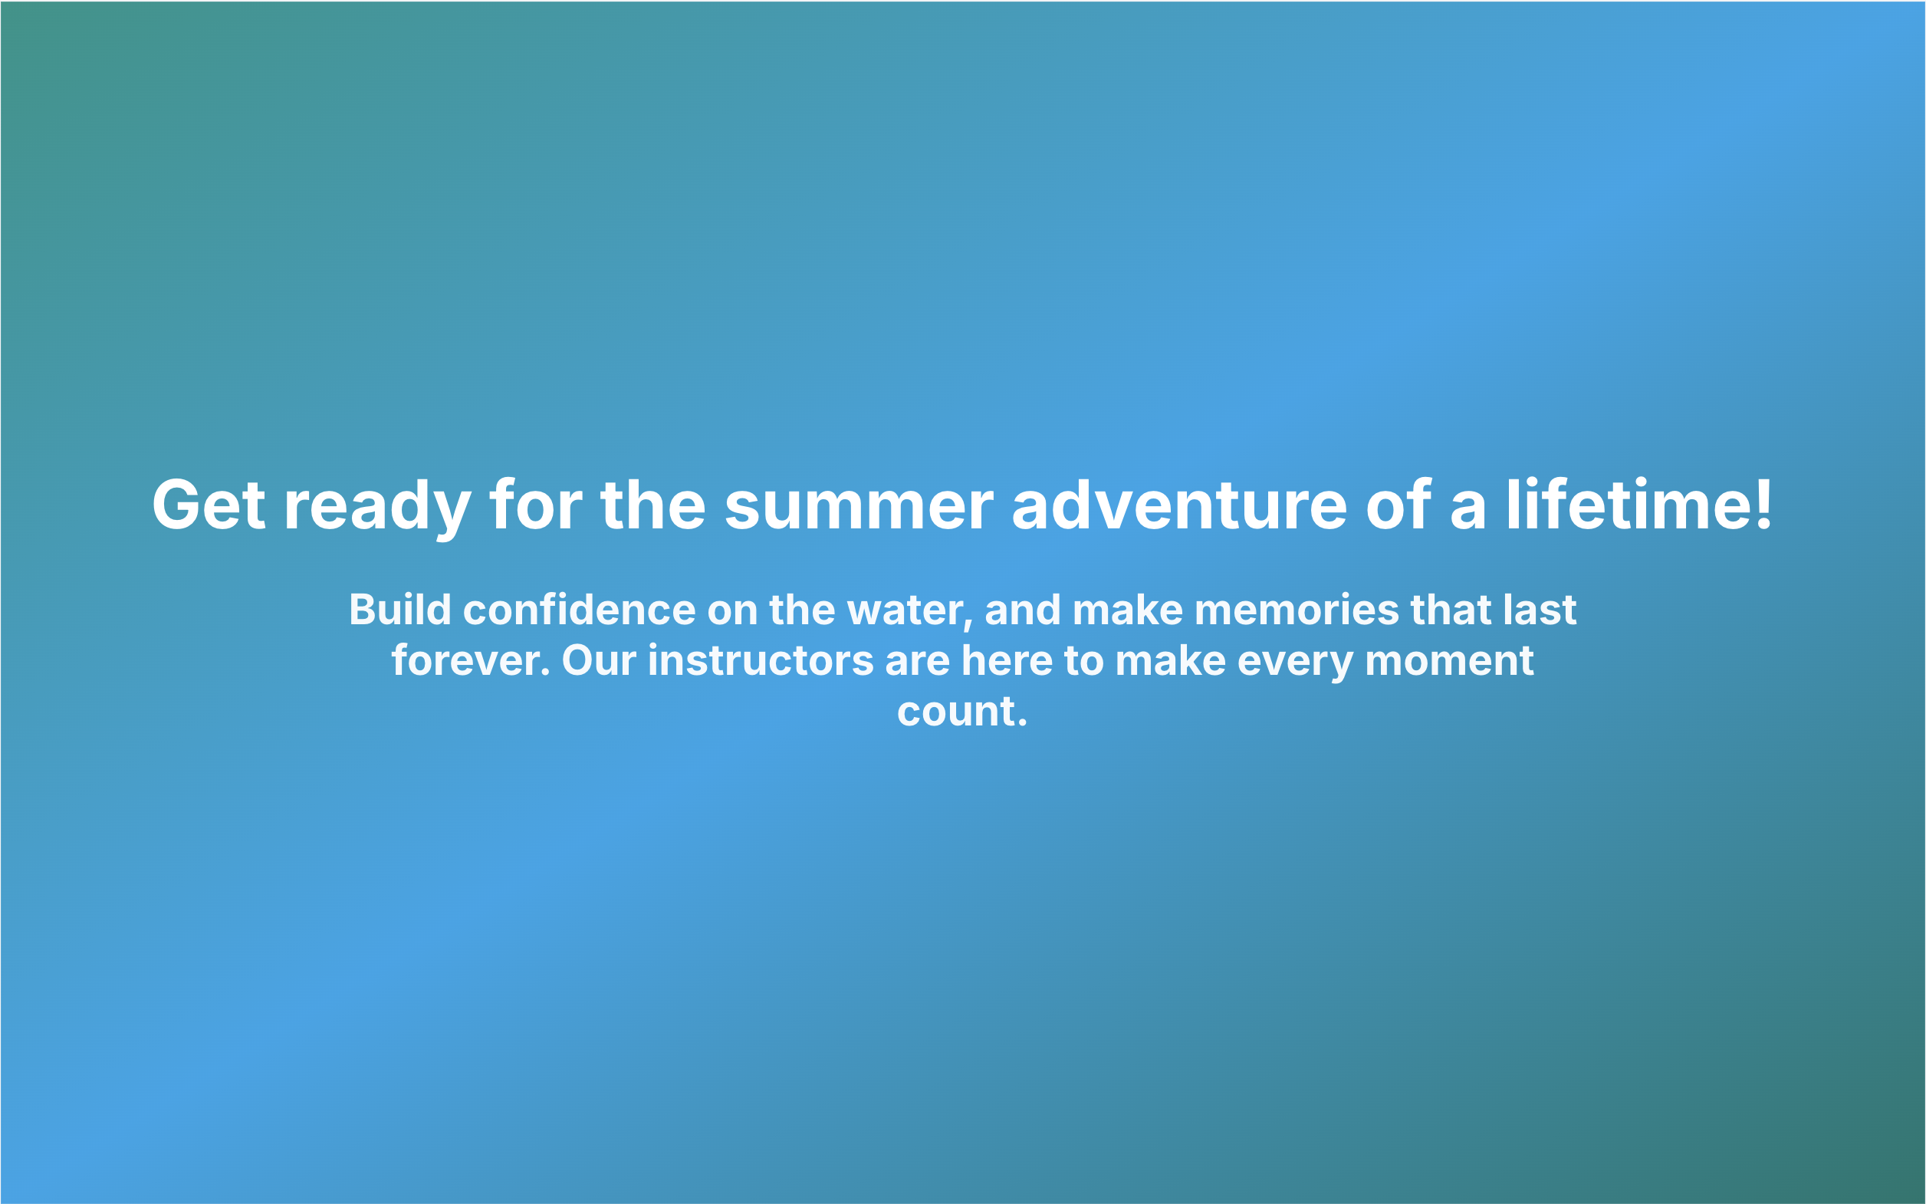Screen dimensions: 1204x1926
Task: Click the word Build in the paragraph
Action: pos(400,610)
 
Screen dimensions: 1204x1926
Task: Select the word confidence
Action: pos(580,610)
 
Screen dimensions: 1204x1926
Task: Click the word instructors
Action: pos(761,661)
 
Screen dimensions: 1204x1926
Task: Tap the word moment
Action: pos(1449,661)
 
